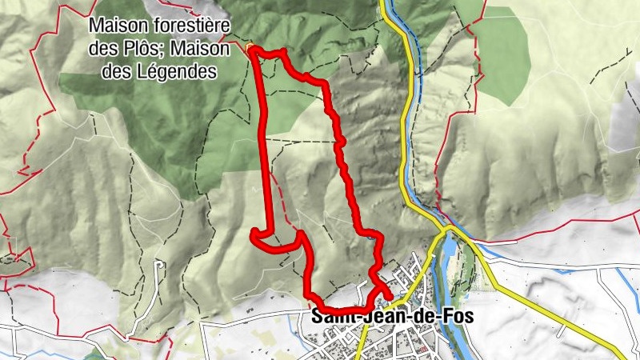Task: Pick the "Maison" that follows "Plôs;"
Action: [202, 49]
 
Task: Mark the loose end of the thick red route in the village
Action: [389, 298]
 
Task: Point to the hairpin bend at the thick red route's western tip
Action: [254, 234]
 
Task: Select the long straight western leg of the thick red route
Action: [264, 144]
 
